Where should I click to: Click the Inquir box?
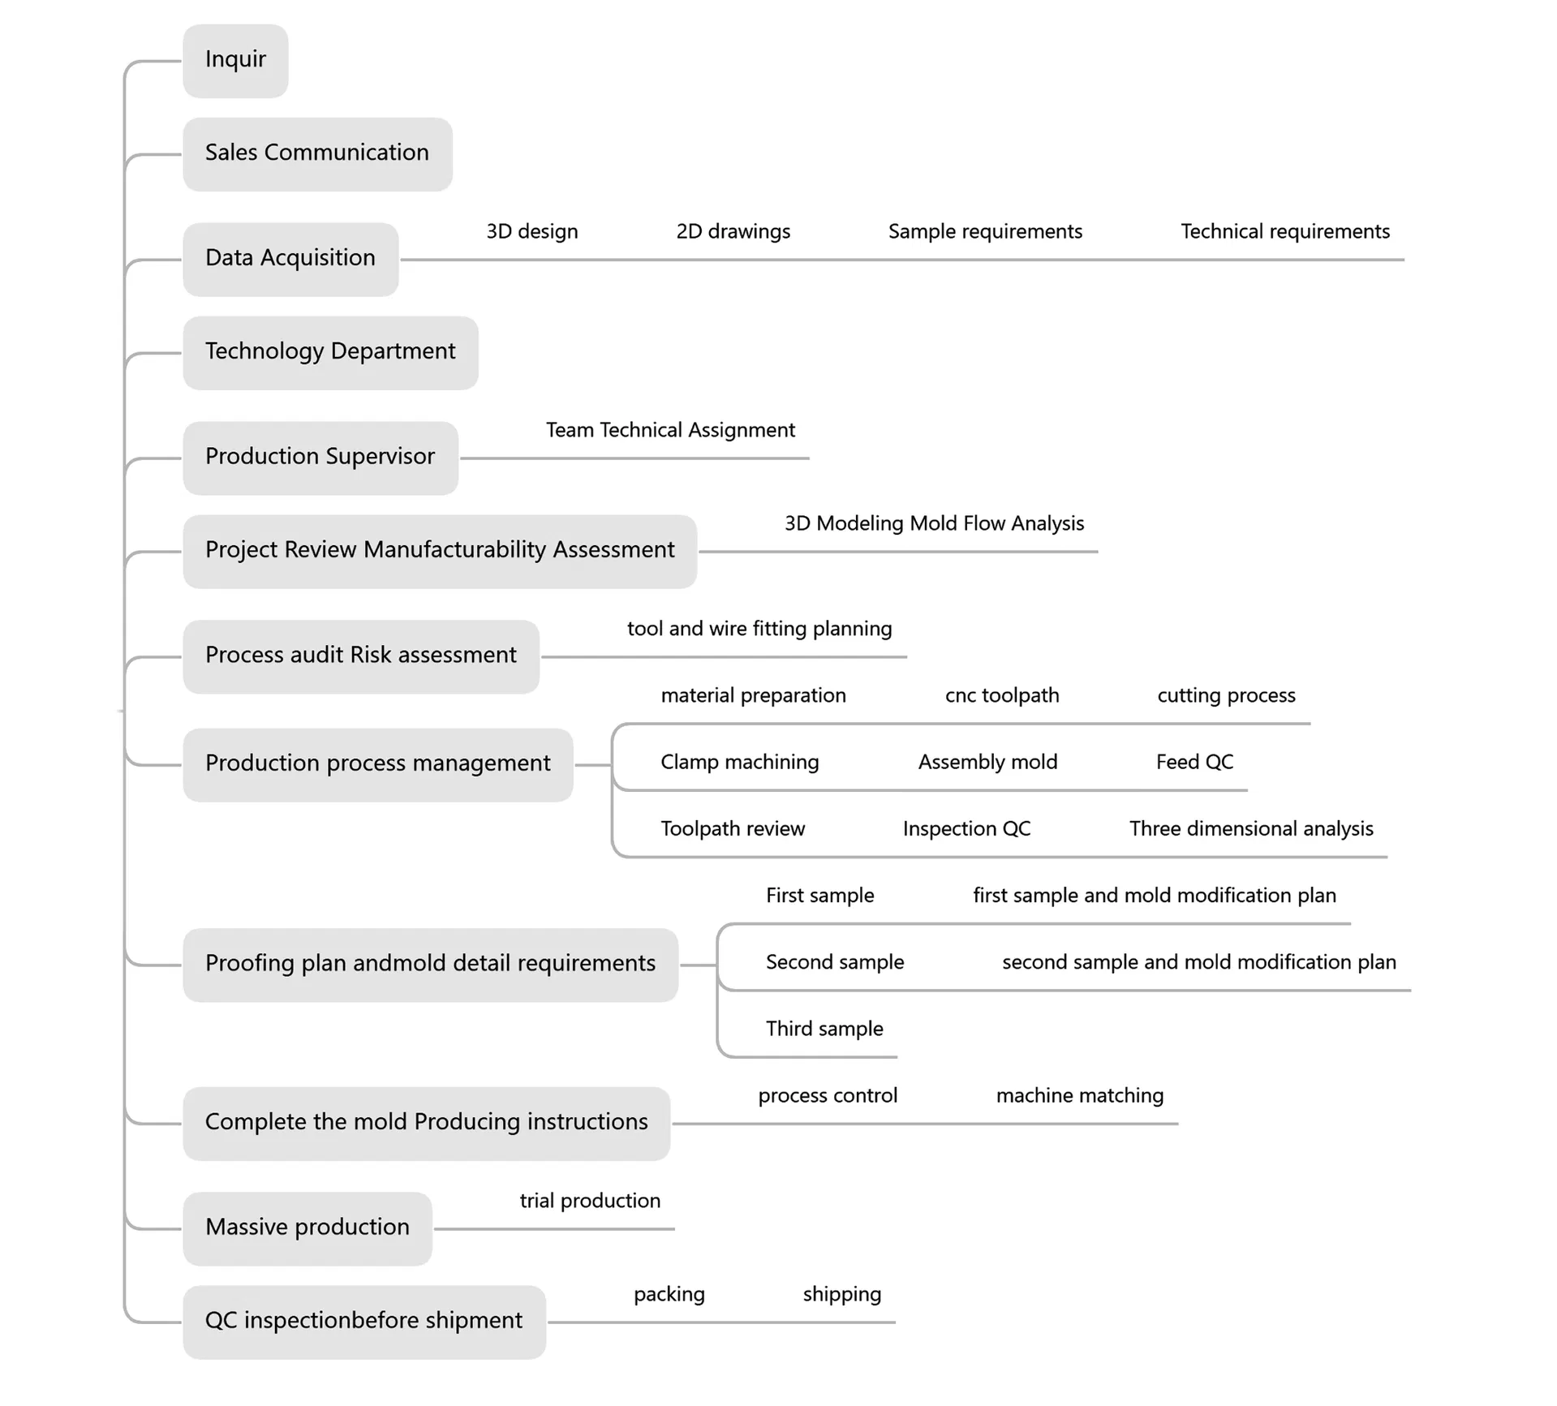click(235, 61)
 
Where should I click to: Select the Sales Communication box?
click(317, 154)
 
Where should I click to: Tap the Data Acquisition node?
click(290, 259)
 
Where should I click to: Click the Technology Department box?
click(330, 352)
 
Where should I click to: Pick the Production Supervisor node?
click(320, 458)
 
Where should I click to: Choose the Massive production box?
click(308, 1228)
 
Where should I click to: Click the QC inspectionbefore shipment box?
click(363, 1321)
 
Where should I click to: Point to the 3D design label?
click(532, 232)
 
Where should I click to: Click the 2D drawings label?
click(733, 232)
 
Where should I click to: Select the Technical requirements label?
click(1284, 232)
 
